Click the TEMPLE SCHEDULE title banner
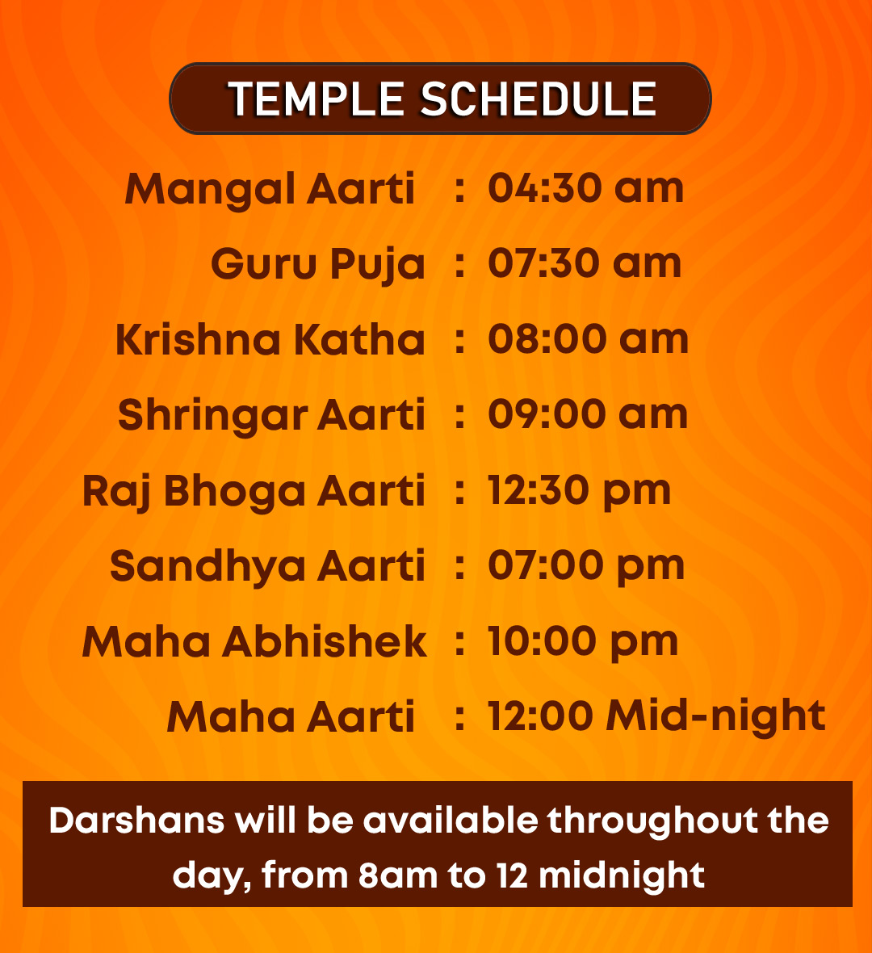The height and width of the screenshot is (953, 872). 440,99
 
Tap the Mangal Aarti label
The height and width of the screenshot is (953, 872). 270,190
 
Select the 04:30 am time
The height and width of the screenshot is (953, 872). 586,188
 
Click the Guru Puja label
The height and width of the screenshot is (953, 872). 318,265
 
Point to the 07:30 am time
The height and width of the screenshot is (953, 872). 585,263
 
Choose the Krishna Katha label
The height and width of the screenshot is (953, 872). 270,339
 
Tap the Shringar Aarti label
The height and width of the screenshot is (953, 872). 271,416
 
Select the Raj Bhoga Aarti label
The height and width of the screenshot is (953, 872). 254,491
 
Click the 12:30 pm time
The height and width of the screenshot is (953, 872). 579,492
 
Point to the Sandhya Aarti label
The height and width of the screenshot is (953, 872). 267,567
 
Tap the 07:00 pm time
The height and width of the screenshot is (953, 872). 586,567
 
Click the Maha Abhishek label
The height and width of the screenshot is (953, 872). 254,642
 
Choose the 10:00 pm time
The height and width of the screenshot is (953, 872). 583,643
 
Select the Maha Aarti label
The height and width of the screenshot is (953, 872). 291,717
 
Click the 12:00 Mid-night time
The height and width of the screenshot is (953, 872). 657,717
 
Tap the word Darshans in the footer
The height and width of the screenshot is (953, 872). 136,821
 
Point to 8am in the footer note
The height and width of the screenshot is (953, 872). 398,875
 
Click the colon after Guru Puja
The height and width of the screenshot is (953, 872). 460,265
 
